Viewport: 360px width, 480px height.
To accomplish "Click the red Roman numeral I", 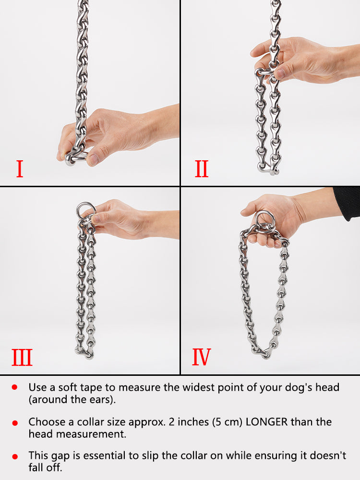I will pyautogui.click(x=19, y=169).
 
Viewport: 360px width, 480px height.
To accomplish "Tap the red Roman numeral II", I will pyautogui.click(x=202, y=169).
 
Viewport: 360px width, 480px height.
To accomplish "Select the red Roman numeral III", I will pyautogui.click(x=22, y=358).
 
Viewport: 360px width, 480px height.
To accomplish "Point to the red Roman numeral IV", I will pyautogui.click(x=202, y=358).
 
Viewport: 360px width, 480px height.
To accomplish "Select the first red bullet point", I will pyautogui.click(x=15, y=387).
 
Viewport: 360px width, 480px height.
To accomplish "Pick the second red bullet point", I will pyautogui.click(x=15, y=423).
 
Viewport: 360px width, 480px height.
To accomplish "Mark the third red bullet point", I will pyautogui.click(x=15, y=456).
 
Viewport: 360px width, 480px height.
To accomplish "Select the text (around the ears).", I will pyautogui.click(x=72, y=399).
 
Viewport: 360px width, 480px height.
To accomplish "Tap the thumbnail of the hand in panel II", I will pyautogui.click(x=280, y=73).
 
